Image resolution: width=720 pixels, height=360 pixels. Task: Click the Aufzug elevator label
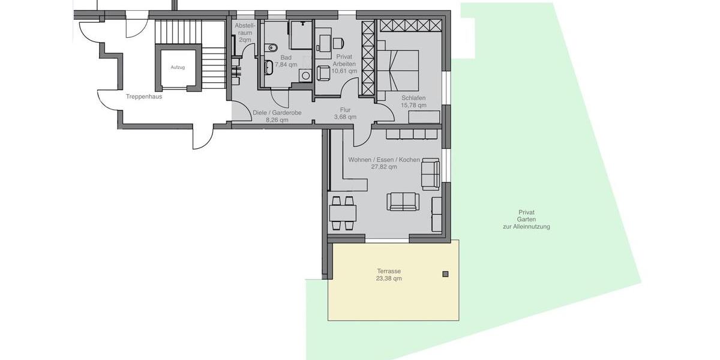pyautogui.click(x=178, y=67)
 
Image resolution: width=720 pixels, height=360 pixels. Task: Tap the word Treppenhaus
pyautogui.click(x=144, y=96)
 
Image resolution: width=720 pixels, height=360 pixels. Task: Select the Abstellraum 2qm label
pyautogui.click(x=245, y=32)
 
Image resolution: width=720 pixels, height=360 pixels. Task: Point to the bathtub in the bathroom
pyautogui.click(x=269, y=67)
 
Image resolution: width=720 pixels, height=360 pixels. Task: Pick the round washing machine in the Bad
pyautogui.click(x=305, y=76)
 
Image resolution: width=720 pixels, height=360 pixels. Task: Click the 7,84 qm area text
pyautogui.click(x=286, y=64)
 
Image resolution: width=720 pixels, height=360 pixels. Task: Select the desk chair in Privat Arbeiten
pyautogui.click(x=338, y=43)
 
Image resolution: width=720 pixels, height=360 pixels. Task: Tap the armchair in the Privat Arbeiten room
pyautogui.click(x=323, y=73)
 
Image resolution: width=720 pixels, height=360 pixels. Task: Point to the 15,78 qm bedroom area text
pyautogui.click(x=413, y=105)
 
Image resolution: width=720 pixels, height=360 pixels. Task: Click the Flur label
pyautogui.click(x=345, y=110)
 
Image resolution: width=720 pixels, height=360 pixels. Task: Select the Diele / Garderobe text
pyautogui.click(x=277, y=112)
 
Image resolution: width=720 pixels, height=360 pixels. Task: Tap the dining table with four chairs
pyautogui.click(x=343, y=213)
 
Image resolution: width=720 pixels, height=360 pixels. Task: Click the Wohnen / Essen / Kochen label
pyautogui.click(x=384, y=160)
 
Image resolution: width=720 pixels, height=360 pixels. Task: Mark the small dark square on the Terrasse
pyautogui.click(x=445, y=274)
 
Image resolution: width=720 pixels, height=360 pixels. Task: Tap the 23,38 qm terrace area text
pyautogui.click(x=389, y=278)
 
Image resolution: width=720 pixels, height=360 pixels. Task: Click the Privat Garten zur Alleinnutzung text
pyautogui.click(x=526, y=220)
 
